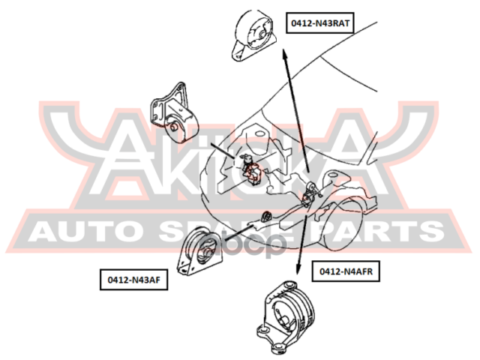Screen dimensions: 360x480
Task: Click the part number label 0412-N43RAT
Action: pyautogui.click(x=320, y=24)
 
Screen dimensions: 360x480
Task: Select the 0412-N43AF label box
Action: pyautogui.click(x=133, y=280)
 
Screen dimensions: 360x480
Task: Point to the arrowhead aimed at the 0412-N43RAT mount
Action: pyautogui.click(x=284, y=54)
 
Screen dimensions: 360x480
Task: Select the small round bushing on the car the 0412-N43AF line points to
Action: pyautogui.click(x=265, y=217)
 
